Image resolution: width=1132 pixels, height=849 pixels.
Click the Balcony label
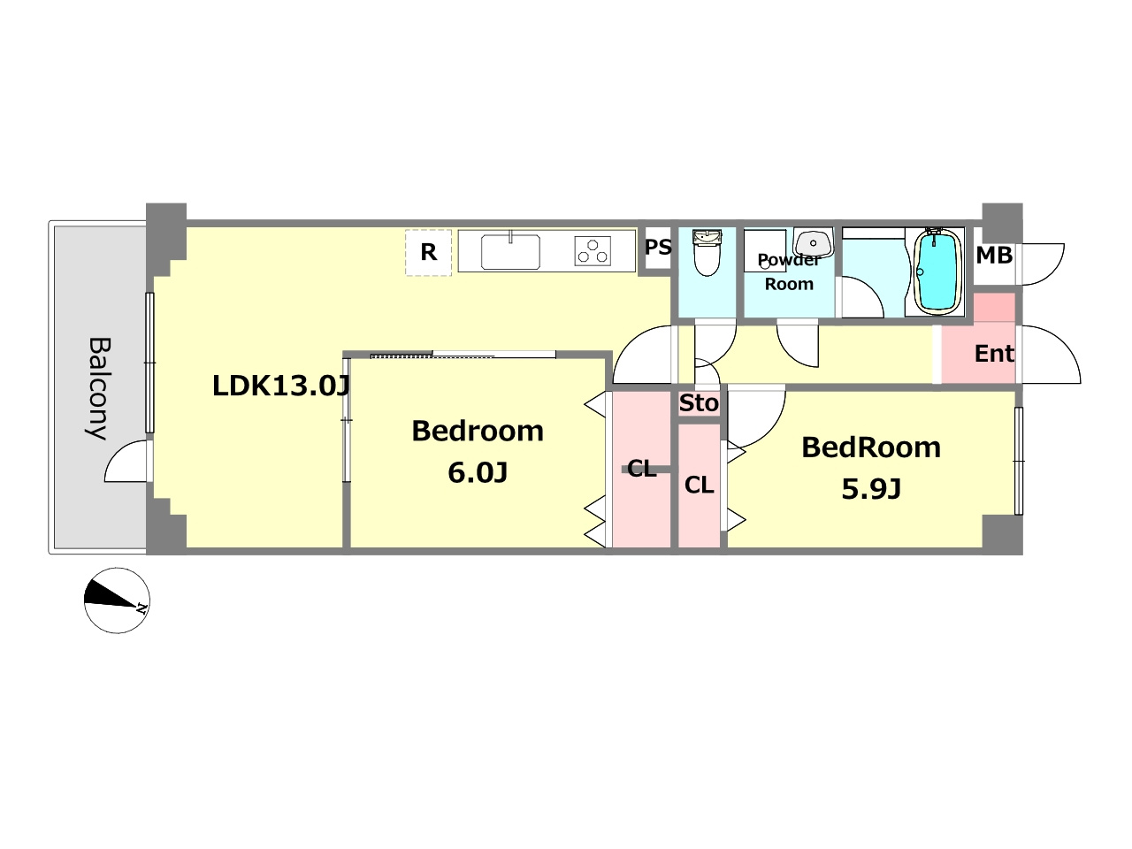point(98,388)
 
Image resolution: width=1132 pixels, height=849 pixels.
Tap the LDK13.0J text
point(281,386)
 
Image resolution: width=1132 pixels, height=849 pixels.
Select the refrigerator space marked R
point(428,252)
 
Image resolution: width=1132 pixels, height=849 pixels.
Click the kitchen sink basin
point(510,251)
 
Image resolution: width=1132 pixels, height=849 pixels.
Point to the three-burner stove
point(593,251)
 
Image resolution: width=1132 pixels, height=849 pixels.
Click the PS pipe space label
point(658,248)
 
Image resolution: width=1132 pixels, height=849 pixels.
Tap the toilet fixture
point(707,252)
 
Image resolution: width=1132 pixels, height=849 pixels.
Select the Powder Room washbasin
point(814,243)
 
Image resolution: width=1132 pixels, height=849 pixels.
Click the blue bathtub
point(938,272)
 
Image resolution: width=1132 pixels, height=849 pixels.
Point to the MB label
point(994,256)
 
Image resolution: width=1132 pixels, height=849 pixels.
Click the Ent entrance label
point(994,354)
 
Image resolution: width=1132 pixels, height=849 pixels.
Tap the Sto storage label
point(699,403)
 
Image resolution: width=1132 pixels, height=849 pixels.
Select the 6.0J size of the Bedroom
point(478,472)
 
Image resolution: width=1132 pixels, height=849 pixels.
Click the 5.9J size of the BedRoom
point(871,489)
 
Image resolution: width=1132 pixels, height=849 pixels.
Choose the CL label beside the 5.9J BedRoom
point(699,485)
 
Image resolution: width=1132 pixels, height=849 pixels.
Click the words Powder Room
point(789,272)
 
